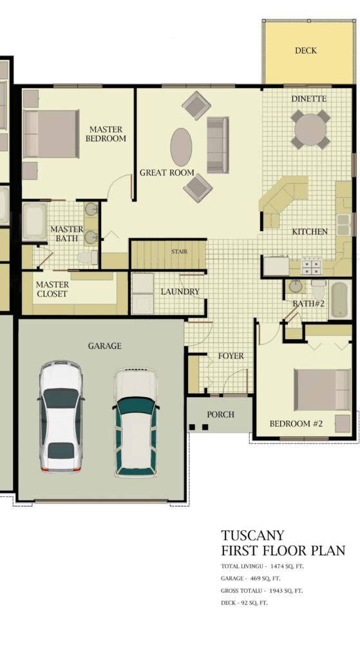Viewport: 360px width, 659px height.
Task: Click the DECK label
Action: [306, 50]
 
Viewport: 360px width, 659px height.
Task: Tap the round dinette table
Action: [310, 129]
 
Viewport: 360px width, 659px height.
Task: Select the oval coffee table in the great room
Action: [181, 147]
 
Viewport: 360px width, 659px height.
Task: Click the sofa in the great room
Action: [218, 145]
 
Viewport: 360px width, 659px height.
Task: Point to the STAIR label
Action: [179, 252]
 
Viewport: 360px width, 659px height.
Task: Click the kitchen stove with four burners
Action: [311, 266]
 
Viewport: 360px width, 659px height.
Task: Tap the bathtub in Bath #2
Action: [339, 300]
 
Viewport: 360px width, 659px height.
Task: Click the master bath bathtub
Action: [35, 221]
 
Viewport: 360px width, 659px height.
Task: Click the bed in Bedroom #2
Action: [322, 389]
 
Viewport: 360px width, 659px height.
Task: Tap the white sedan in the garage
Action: [61, 416]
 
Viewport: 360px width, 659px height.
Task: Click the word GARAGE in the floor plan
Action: [105, 346]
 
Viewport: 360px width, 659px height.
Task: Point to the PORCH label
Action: [220, 414]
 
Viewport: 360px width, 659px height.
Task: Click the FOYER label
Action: [231, 356]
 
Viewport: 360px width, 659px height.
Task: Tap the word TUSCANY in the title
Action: [252, 535]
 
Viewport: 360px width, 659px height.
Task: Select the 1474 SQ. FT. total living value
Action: [287, 566]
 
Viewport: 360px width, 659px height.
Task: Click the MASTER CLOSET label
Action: [52, 289]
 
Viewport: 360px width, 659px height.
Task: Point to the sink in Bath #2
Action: [296, 286]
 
